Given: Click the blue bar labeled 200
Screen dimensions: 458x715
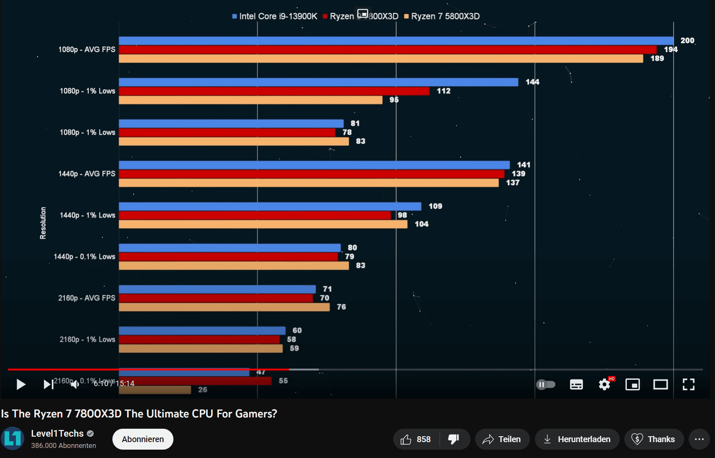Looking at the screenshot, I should (396, 41).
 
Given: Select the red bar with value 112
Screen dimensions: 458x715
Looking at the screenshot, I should (274, 91).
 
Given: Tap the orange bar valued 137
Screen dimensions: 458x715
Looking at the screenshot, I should (308, 183).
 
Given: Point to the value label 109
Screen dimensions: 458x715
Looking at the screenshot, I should (435, 206).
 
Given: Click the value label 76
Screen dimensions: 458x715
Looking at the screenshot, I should (341, 307).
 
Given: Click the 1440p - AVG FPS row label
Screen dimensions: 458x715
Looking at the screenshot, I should (87, 174).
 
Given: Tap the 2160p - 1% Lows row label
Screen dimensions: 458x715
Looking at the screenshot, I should (87, 339).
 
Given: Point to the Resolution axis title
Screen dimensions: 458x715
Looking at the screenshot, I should (43, 223).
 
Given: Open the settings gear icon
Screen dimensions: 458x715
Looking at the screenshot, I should (604, 384).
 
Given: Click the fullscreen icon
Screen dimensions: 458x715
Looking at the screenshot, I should (688, 384).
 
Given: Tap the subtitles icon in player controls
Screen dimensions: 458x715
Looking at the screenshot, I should (576, 384).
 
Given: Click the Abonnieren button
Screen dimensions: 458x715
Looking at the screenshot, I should (143, 439).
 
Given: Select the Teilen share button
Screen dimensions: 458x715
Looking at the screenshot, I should (502, 439).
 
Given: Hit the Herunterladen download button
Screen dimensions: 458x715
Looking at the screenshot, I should (577, 439).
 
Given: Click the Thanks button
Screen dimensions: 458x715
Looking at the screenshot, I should (654, 439).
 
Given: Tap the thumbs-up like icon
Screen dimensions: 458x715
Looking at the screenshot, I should (406, 439).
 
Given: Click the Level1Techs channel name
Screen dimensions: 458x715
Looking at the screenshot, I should (57, 433).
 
